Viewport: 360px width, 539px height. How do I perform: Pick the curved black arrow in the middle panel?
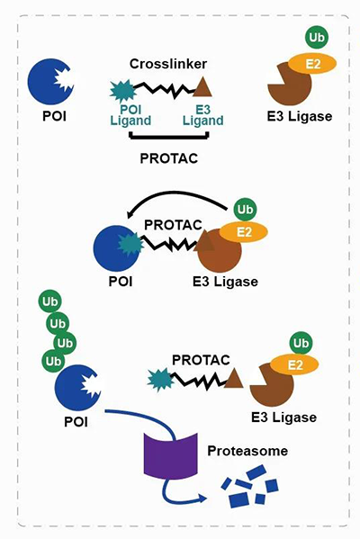180,210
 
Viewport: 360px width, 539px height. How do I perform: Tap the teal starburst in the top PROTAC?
120,89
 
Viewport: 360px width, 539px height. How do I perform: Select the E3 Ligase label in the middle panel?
225,282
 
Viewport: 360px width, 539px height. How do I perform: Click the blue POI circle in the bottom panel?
76,390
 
